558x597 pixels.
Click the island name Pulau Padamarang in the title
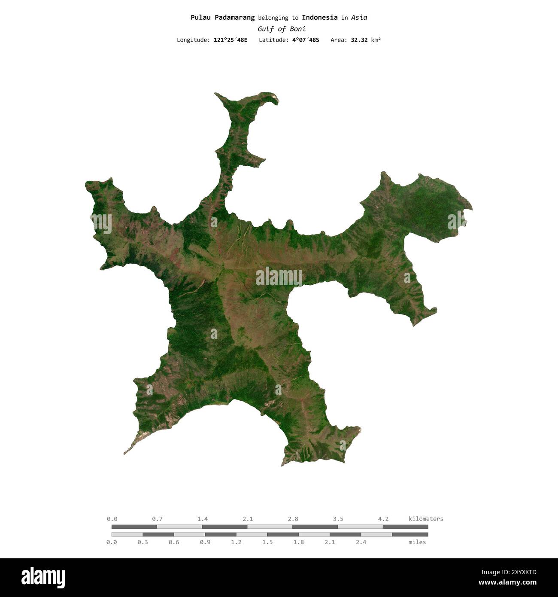(222, 18)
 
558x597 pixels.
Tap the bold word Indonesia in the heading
(319, 18)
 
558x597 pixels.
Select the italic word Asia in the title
(359, 18)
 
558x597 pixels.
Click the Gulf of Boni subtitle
(282, 29)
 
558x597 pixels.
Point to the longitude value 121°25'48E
(230, 40)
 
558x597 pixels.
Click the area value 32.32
(359, 40)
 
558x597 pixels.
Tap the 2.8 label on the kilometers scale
(293, 519)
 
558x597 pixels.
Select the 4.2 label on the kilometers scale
(383, 519)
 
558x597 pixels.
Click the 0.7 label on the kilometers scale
(157, 519)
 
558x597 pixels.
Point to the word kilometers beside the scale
(426, 519)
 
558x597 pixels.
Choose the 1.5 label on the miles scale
(267, 542)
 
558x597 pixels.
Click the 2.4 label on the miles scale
(361, 542)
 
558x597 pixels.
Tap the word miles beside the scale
(417, 542)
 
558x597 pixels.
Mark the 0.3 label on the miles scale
(143, 542)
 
